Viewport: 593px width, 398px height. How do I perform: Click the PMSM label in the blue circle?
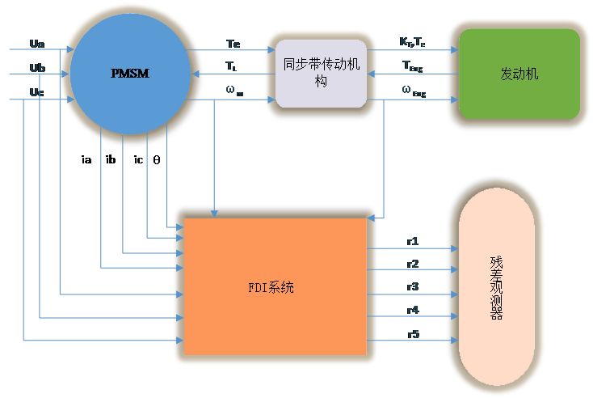(130, 74)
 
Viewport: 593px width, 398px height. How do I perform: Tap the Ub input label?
(36, 66)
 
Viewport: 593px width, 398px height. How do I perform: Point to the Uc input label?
(36, 92)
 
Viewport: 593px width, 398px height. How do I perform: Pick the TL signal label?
(231, 67)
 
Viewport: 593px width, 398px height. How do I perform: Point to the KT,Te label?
(413, 41)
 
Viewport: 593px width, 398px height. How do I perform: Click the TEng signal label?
(413, 67)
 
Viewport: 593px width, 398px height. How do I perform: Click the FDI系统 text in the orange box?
(271, 287)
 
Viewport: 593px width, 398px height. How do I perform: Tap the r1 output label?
(413, 241)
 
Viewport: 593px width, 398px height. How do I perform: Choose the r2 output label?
(413, 264)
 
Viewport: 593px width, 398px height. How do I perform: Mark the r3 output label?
(413, 286)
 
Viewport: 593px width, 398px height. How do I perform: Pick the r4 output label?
(413, 309)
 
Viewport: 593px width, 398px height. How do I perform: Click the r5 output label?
(413, 332)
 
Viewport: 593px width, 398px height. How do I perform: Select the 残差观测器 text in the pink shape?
(496, 288)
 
